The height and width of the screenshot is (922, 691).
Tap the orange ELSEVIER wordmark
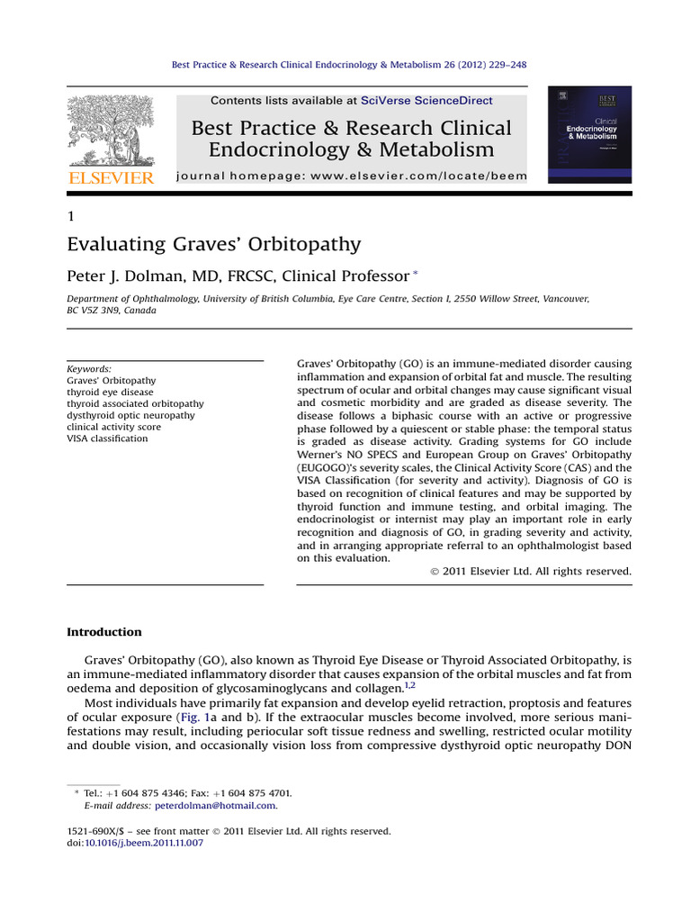tap(112, 177)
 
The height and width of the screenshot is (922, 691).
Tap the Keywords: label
tap(90, 369)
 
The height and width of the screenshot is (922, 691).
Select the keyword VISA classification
tap(107, 438)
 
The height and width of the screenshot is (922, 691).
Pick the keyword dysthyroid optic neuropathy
tap(131, 415)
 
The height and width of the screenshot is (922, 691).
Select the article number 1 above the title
tap(71, 216)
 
